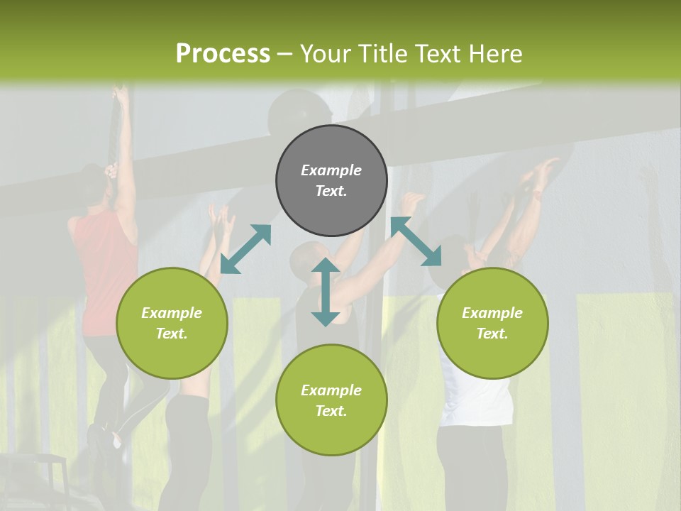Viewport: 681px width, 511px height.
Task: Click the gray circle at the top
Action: pyautogui.click(x=331, y=180)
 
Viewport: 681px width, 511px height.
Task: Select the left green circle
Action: pyautogui.click(x=172, y=323)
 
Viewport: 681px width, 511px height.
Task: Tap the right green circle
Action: pyautogui.click(x=492, y=323)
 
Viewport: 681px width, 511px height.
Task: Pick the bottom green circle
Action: pyautogui.click(x=331, y=400)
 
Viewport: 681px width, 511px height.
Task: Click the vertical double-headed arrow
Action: pyautogui.click(x=325, y=292)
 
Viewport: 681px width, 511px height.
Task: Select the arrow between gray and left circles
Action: pyautogui.click(x=245, y=249)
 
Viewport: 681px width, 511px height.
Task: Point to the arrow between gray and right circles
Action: pyautogui.click(x=416, y=241)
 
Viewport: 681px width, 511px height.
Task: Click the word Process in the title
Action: pyautogui.click(x=223, y=53)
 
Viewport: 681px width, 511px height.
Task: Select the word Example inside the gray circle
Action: pyautogui.click(x=331, y=170)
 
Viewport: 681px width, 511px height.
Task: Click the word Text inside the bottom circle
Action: pyautogui.click(x=331, y=411)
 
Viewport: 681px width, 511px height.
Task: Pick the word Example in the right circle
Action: pyautogui.click(x=492, y=313)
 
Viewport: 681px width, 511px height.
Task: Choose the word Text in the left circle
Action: pyautogui.click(x=172, y=334)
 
